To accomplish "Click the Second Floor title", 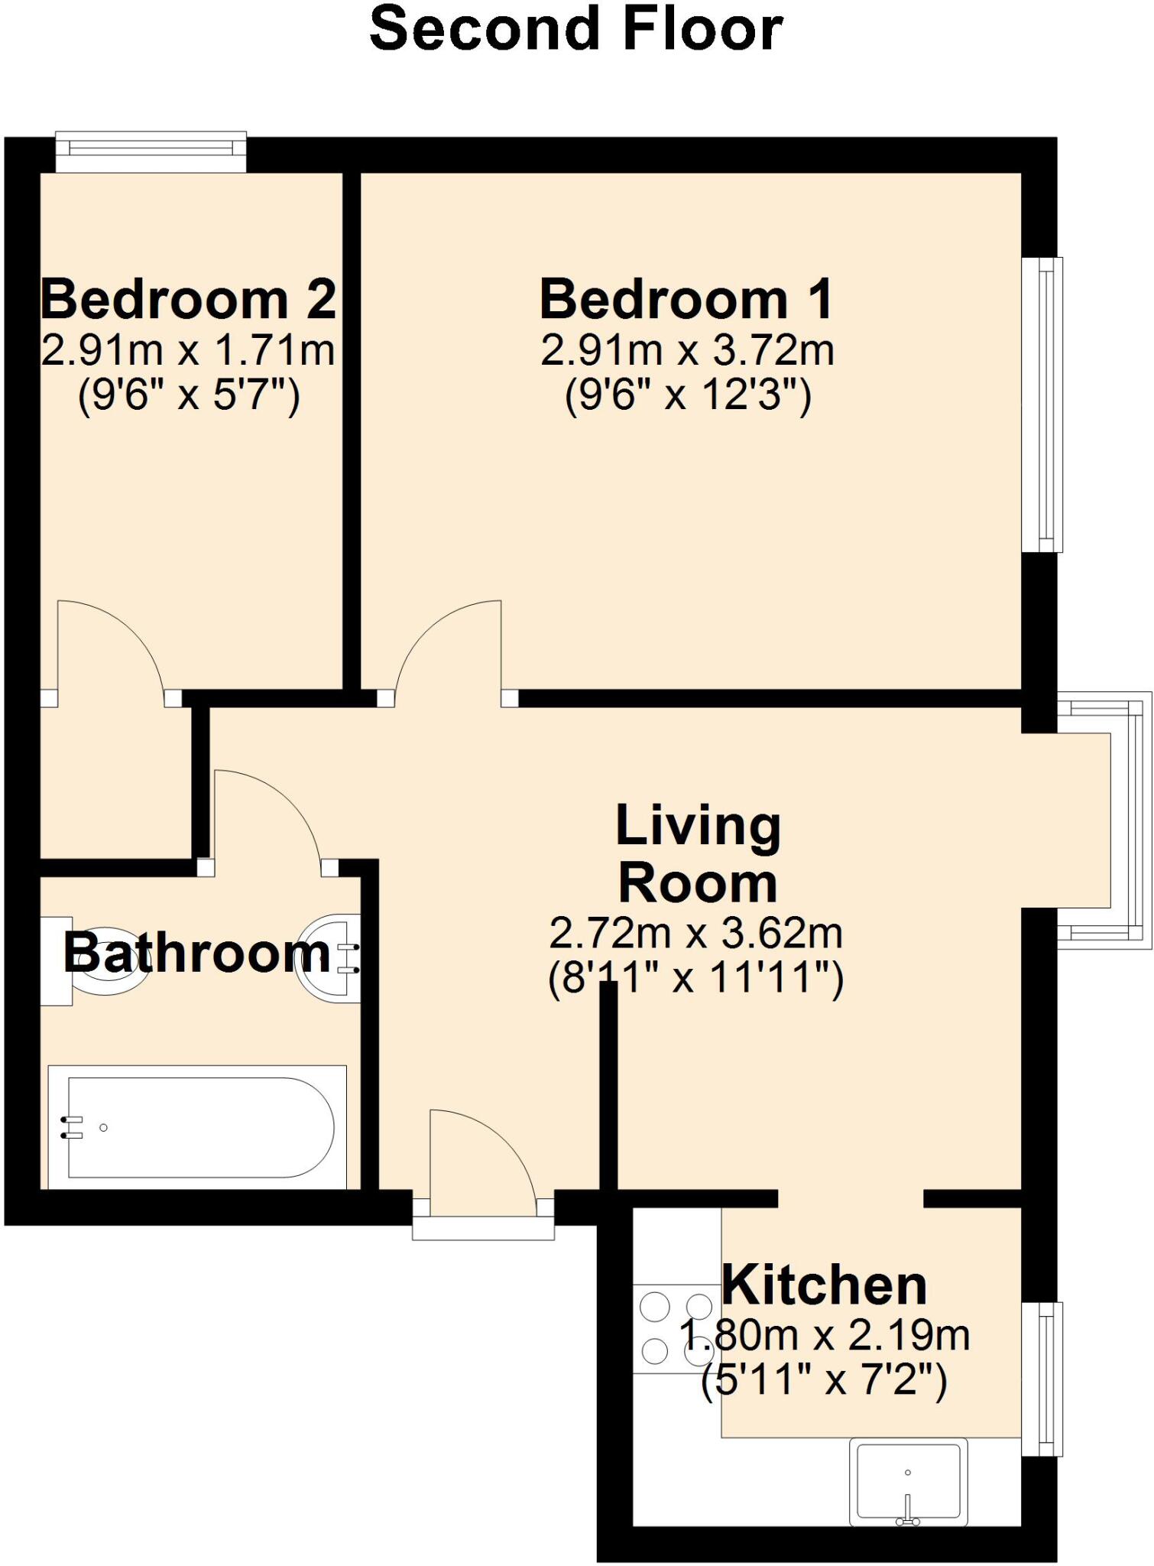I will tap(576, 29).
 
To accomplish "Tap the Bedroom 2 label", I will tap(188, 300).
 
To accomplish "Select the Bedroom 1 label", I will tap(686, 300).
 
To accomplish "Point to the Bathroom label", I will tap(197, 954).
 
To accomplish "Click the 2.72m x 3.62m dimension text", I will tap(695, 934).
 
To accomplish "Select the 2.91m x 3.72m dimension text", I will tap(686, 351).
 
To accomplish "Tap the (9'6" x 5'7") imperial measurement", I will tap(188, 396).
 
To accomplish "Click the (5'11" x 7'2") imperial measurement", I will tap(824, 1381).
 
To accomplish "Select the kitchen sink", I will tap(908, 1481).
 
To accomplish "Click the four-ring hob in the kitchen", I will tap(676, 1329).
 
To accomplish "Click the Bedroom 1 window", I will tap(1042, 404).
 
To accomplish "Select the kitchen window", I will tap(1042, 1378).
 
